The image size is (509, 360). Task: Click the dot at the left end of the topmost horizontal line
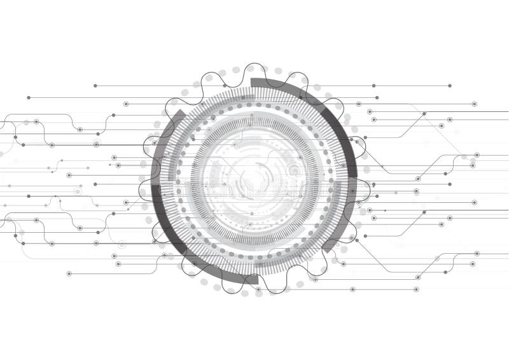point(95,85)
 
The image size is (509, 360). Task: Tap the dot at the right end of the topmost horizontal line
point(450,85)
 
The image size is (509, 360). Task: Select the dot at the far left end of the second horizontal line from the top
point(29,98)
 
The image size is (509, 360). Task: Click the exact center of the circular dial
point(254,180)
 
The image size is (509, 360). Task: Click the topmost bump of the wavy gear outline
point(254,65)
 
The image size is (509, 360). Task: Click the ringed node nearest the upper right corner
point(474,104)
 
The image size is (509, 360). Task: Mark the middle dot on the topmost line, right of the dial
point(373,85)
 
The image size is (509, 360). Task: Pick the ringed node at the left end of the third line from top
point(126,104)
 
